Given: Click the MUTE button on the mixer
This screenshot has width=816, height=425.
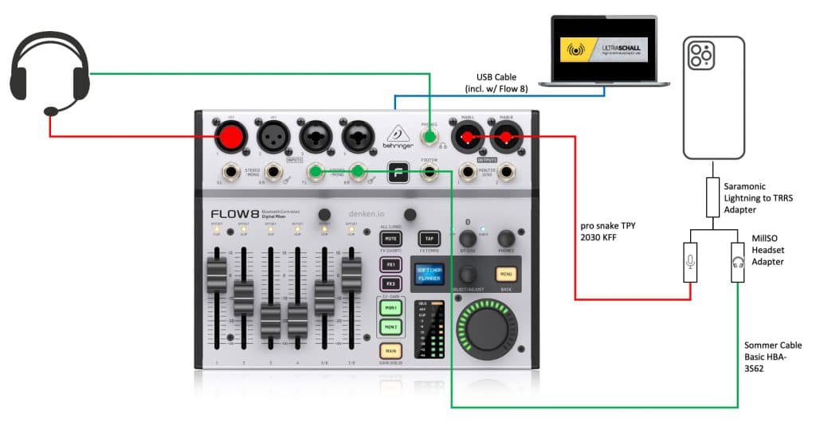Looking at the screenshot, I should coord(390,238).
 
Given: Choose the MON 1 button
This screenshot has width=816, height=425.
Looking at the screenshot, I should coord(390,307).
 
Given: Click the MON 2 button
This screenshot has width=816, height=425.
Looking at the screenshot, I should coord(390,326).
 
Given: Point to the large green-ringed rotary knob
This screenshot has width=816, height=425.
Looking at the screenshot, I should coord(485,332).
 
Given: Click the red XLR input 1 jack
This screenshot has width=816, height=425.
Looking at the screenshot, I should coord(229,136).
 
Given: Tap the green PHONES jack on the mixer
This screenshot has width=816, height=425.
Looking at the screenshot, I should coord(430,139).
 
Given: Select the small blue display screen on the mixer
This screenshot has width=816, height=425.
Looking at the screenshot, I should coord(427,274).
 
